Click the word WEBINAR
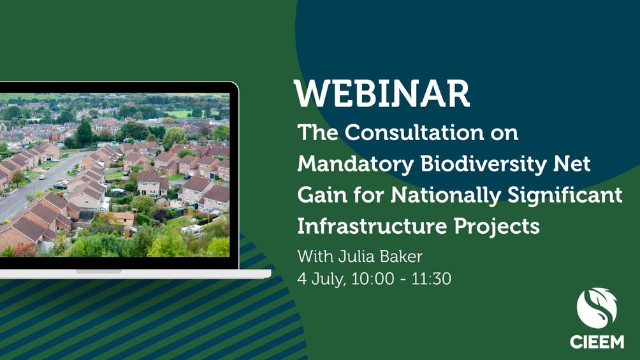click(382, 94)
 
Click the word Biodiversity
click(484, 164)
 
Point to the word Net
click(572, 164)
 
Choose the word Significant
click(565, 196)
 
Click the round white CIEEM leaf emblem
click(597, 308)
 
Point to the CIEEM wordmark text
click(597, 342)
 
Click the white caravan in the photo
click(193, 231)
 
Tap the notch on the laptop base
click(99, 271)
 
